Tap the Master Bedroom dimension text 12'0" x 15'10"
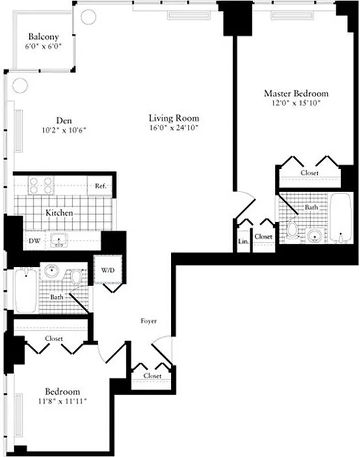(x=296, y=103)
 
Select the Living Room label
(x=174, y=118)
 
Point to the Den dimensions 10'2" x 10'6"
(x=63, y=130)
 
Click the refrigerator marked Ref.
(x=101, y=185)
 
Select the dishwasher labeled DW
(x=34, y=241)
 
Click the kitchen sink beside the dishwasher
(x=59, y=240)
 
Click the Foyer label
(x=149, y=321)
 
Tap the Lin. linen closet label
(x=243, y=241)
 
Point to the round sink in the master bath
(x=313, y=235)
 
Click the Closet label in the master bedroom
(x=309, y=173)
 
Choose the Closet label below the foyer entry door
(x=152, y=376)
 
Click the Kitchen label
(x=59, y=213)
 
